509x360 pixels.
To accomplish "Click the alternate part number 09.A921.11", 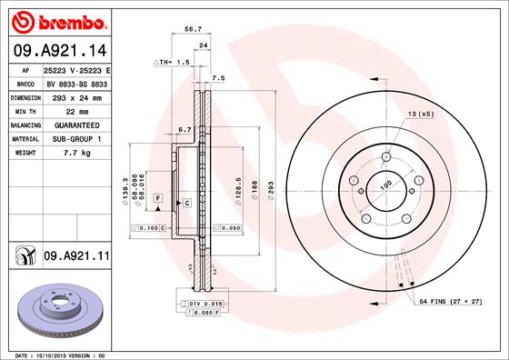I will [x=76, y=257].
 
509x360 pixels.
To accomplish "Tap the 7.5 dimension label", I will [x=218, y=79].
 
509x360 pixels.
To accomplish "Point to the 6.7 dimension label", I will [x=183, y=129].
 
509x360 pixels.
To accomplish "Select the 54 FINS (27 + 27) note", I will [x=454, y=300].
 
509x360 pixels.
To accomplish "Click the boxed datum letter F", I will [x=157, y=197].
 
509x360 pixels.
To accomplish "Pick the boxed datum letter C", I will [x=186, y=203].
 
